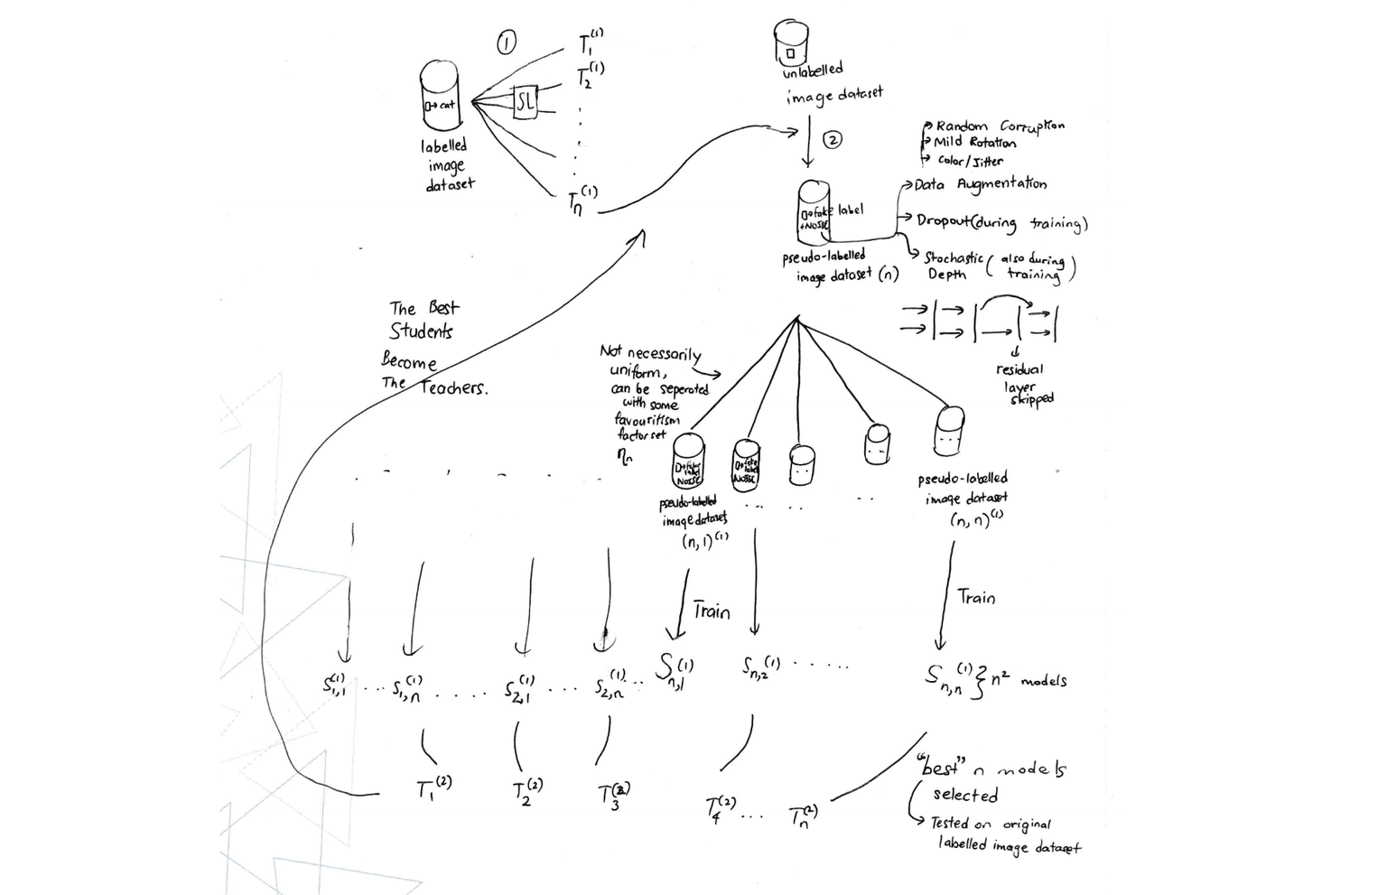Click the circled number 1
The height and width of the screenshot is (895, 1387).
(507, 42)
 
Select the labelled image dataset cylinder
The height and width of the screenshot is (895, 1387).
(441, 99)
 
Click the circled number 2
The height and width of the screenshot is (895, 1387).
(833, 139)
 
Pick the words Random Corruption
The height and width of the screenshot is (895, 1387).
(1000, 126)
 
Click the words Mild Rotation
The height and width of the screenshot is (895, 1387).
(974, 143)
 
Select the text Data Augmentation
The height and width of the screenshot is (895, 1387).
(980, 184)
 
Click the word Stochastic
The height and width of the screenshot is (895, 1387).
(953, 257)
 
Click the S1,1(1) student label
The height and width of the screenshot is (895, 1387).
(336, 685)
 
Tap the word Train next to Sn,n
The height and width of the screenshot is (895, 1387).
(976, 598)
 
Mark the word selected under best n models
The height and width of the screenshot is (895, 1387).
(965, 796)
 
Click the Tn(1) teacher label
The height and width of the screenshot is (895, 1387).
(582, 200)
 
